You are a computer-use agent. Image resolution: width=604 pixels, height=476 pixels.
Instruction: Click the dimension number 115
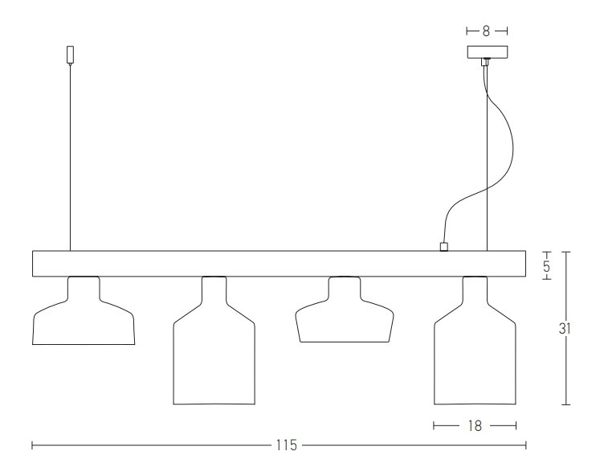[287, 445]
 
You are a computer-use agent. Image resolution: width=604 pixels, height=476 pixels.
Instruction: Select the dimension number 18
[474, 425]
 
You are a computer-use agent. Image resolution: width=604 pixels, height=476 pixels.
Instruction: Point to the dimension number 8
[487, 31]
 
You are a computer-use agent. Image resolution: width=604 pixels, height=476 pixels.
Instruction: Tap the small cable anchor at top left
[70, 55]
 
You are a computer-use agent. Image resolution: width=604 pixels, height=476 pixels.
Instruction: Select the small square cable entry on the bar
[443, 247]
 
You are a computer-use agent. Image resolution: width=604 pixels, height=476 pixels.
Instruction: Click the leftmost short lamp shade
[83, 322]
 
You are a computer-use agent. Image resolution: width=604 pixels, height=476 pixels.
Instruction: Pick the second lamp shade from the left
[214, 354]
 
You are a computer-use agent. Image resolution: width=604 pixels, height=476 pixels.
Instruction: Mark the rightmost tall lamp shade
[474, 354]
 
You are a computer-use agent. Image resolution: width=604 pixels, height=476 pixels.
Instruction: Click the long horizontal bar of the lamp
[273, 264]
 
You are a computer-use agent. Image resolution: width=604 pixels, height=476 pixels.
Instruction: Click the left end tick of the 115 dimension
[32, 445]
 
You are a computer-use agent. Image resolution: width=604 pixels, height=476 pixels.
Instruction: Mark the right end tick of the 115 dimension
[526, 445]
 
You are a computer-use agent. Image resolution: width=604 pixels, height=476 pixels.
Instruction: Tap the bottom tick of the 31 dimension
[567, 404]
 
